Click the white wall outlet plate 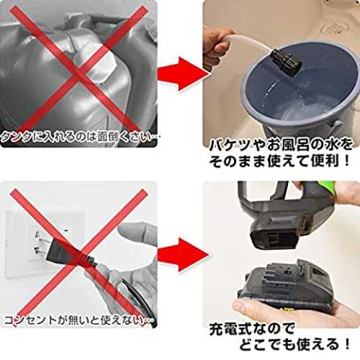point(45,243)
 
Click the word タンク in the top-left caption point(16,138)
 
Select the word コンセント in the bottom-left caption point(31,320)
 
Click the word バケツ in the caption point(230,146)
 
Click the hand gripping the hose point(217,45)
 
